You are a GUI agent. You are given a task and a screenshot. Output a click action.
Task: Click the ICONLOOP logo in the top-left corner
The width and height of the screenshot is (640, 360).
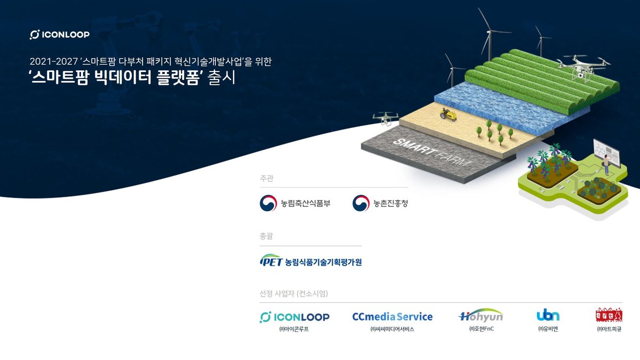point(59,35)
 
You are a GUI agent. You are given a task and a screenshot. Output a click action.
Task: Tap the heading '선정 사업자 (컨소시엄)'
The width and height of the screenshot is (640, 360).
point(293,294)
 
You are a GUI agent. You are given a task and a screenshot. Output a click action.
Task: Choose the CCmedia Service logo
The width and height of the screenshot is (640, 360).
point(392,317)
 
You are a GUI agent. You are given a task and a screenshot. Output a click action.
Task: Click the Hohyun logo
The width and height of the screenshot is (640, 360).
point(481,316)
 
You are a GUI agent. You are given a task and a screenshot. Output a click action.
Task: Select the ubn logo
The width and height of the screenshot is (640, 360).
point(548,315)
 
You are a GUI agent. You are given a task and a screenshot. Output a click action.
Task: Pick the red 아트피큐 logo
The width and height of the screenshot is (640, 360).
point(609,315)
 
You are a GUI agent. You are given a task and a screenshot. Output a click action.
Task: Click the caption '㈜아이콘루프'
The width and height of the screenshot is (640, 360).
point(294,329)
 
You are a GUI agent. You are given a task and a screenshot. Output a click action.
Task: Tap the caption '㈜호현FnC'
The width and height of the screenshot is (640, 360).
point(481,329)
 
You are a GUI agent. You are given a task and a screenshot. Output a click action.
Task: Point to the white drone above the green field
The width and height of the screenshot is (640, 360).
point(582,66)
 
